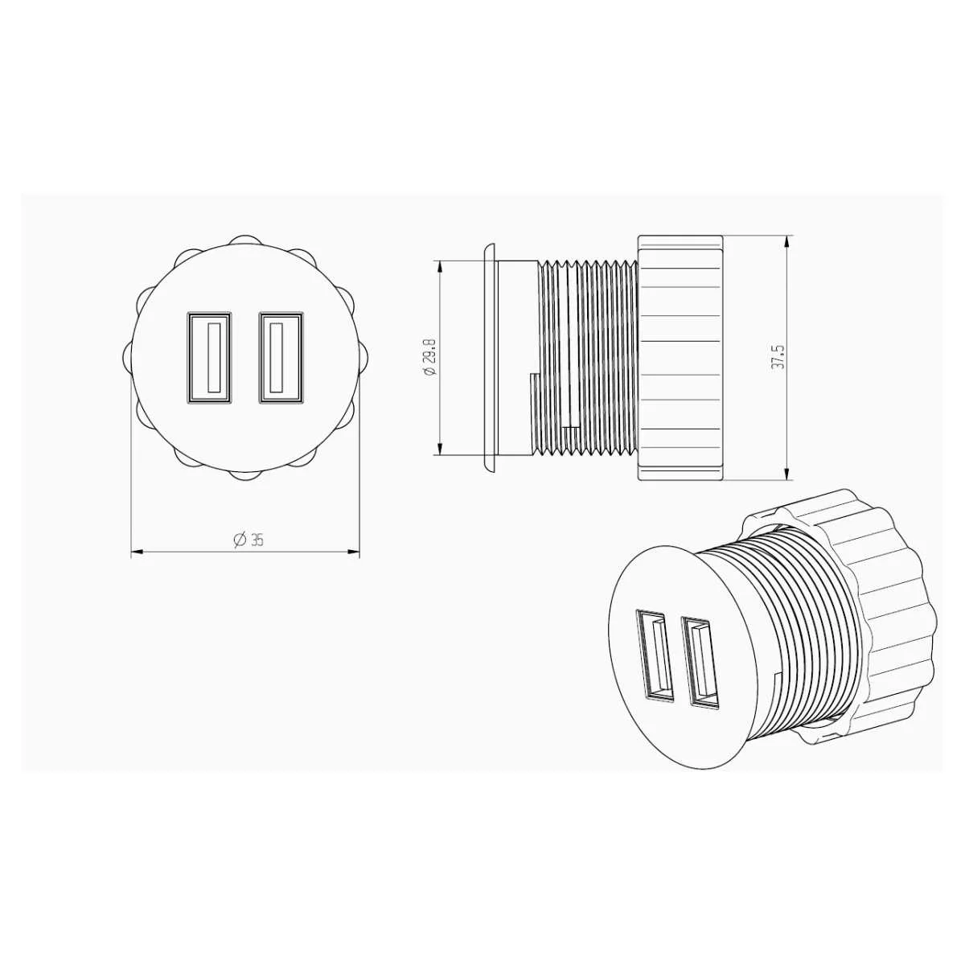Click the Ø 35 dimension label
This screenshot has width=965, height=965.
(x=248, y=540)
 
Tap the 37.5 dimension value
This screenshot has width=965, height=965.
(x=778, y=356)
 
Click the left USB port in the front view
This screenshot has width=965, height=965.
(x=210, y=358)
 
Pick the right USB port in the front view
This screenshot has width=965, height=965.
(x=281, y=358)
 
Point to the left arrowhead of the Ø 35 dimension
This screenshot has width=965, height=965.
(x=137, y=552)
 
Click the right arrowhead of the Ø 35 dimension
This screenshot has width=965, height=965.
(x=354, y=552)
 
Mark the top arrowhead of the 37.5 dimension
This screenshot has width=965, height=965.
(x=787, y=241)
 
